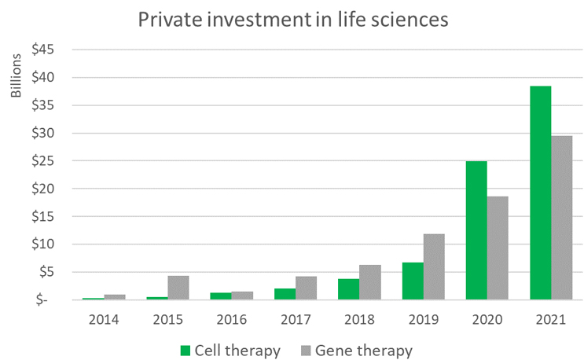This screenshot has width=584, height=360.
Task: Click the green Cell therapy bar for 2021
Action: coord(540,193)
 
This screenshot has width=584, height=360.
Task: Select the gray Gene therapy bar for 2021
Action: coord(561,218)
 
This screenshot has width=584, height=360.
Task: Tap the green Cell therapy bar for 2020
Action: coord(476,230)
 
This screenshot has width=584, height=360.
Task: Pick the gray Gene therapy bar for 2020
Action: coord(498,248)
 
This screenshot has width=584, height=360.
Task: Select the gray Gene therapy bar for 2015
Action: coord(178,287)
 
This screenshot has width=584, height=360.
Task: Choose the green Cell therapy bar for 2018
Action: coord(349,288)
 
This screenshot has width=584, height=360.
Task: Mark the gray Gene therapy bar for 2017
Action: coord(306,288)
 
